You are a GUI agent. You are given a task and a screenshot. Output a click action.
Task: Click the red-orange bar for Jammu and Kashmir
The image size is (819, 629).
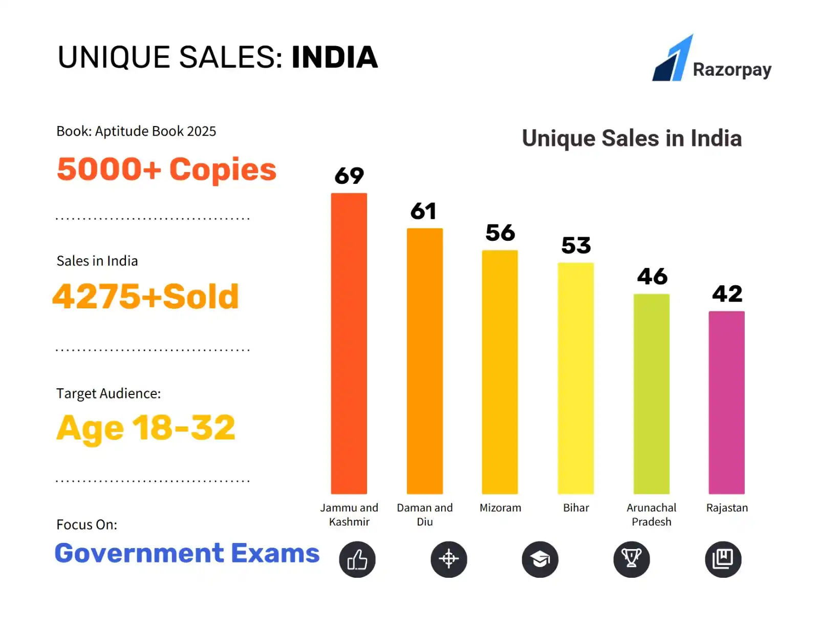[x=349, y=343]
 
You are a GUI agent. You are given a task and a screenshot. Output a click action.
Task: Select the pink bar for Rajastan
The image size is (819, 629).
[x=726, y=402]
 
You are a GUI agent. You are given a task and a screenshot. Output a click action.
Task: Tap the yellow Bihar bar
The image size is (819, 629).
[x=575, y=378]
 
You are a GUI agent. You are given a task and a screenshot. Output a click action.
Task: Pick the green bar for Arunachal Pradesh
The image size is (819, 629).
[x=651, y=393]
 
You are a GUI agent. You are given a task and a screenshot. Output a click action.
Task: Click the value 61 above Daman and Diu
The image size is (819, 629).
[x=423, y=211]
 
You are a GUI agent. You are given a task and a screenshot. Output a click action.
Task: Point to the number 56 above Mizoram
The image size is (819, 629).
[x=500, y=233]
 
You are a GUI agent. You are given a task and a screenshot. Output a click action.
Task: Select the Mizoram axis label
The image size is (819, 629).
[x=500, y=508]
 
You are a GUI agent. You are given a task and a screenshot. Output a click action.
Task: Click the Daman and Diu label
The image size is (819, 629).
[x=424, y=514]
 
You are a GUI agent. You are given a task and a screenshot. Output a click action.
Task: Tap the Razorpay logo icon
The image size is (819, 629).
[x=672, y=58]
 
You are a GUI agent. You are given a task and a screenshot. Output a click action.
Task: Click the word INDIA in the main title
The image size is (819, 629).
[x=334, y=57]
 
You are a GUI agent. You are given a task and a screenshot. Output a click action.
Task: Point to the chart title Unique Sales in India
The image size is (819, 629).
[x=632, y=138]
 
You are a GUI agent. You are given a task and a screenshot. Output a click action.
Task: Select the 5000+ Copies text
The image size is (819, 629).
[x=166, y=170]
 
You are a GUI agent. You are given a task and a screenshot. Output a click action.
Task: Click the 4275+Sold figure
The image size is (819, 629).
[x=146, y=296]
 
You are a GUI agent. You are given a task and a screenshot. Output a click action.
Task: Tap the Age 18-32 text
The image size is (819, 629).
[x=146, y=428]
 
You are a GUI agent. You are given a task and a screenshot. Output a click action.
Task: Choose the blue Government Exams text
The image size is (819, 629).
[x=187, y=553]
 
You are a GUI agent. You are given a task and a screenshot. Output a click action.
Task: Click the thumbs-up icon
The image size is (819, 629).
[x=357, y=559]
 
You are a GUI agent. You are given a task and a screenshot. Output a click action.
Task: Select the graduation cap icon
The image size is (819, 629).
[x=540, y=559]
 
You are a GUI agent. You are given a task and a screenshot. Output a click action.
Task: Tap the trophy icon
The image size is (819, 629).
[x=631, y=559]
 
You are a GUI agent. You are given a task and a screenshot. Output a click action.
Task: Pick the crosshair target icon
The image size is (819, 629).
[x=448, y=559]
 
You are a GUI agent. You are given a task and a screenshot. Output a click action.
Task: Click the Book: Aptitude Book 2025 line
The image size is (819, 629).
[x=136, y=131]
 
